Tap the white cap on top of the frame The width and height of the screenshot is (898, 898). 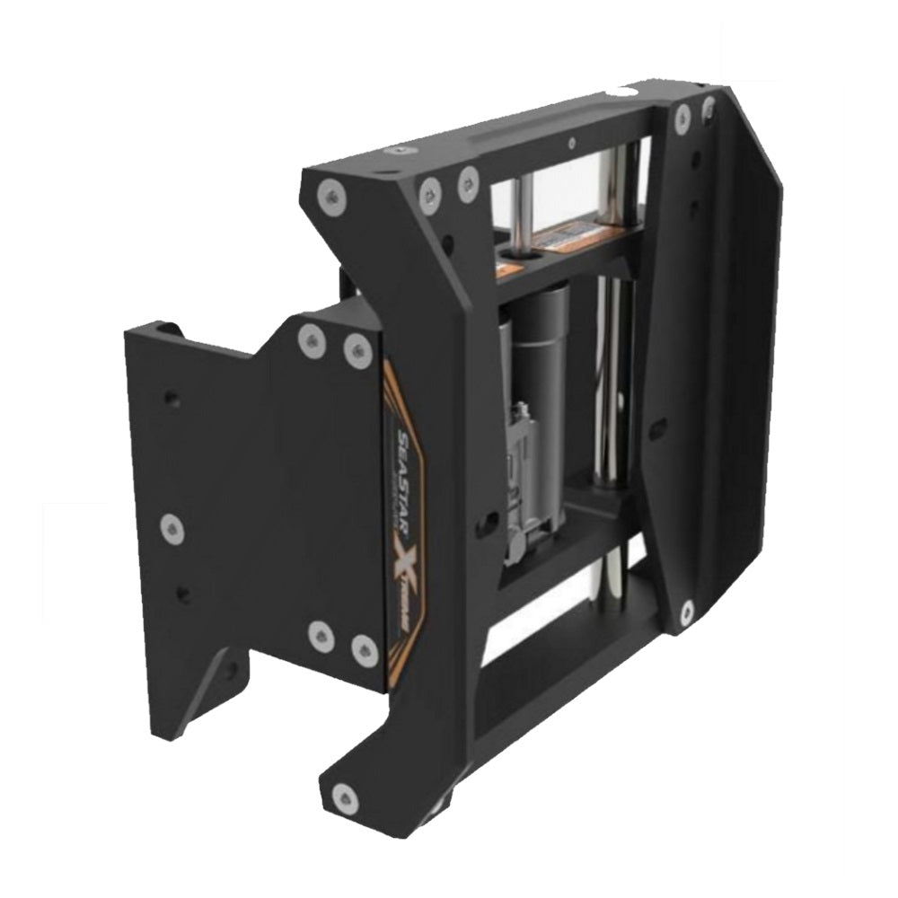pyautogui.click(x=620, y=92)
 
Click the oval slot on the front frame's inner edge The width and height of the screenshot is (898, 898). pyautogui.click(x=492, y=521)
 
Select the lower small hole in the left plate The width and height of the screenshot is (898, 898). pyautogui.click(x=184, y=594)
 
